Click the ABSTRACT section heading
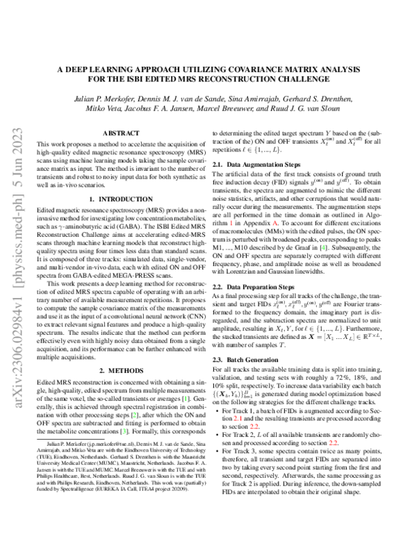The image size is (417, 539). click(115, 132)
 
